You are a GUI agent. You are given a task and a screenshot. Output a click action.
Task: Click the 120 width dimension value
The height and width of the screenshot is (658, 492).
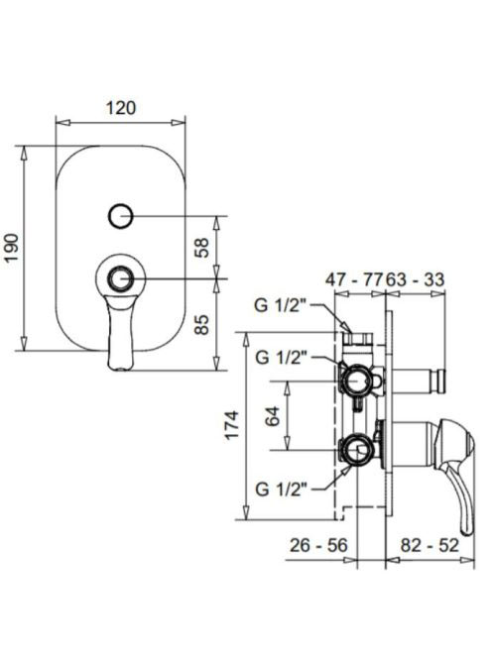coord(121,108)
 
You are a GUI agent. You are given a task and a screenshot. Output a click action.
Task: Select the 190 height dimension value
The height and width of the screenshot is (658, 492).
coord(12,248)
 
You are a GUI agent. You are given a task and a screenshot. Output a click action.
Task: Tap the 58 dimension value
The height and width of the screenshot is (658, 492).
coord(201,248)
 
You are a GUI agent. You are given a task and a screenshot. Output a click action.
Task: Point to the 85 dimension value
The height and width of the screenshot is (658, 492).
coord(201,324)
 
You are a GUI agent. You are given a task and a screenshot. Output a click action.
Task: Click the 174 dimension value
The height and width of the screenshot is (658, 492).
coord(231,425)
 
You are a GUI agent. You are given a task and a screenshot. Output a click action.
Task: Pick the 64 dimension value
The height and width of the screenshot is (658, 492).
coord(273,416)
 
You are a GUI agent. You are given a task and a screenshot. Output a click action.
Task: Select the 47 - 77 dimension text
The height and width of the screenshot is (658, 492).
coord(355,279)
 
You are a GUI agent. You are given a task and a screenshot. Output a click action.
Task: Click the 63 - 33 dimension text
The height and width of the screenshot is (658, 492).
coord(415,279)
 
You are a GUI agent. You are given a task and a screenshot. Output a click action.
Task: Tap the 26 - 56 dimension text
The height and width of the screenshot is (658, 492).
coord(318,545)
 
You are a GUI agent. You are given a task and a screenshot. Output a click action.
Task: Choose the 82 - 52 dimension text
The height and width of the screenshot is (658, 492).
coord(430,545)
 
